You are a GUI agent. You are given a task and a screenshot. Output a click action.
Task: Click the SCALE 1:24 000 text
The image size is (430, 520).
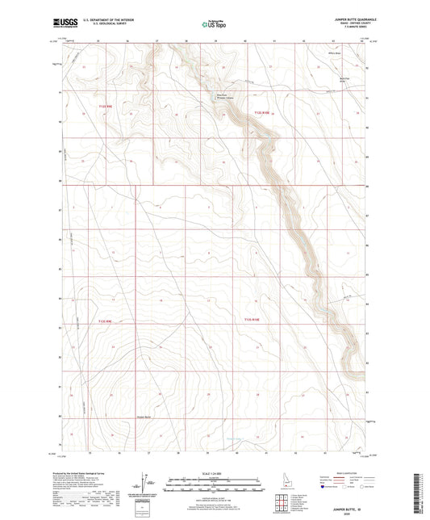click(x=215, y=472)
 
